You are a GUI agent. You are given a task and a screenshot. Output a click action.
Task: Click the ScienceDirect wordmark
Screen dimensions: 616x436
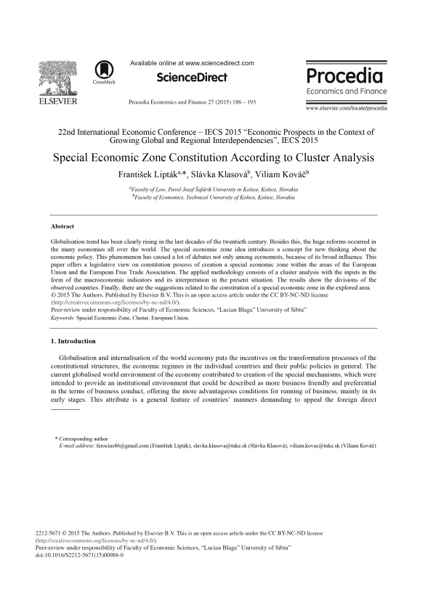[x=192, y=78]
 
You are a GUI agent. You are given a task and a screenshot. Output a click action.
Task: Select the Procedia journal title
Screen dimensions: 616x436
[x=344, y=76]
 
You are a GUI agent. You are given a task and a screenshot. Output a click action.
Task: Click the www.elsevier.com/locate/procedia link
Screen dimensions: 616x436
[x=347, y=108]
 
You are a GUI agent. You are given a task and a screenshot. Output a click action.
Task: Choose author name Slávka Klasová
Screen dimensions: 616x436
[x=222, y=174]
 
